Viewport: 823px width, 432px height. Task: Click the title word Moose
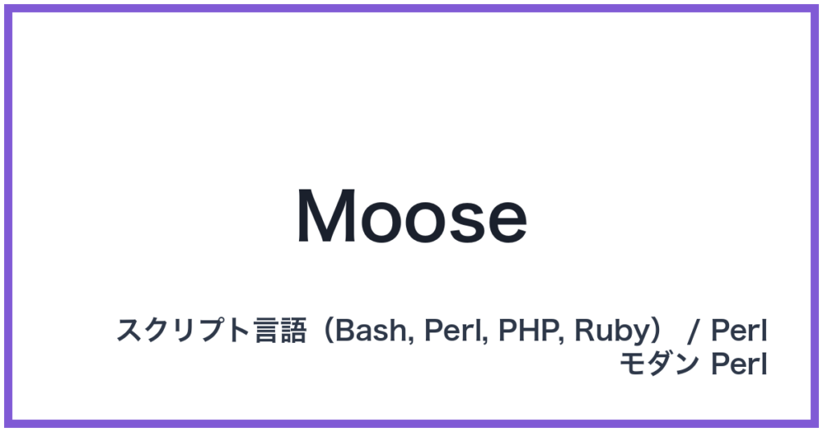pyautogui.click(x=411, y=217)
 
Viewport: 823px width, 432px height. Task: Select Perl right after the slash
pyautogui.click(x=739, y=331)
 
